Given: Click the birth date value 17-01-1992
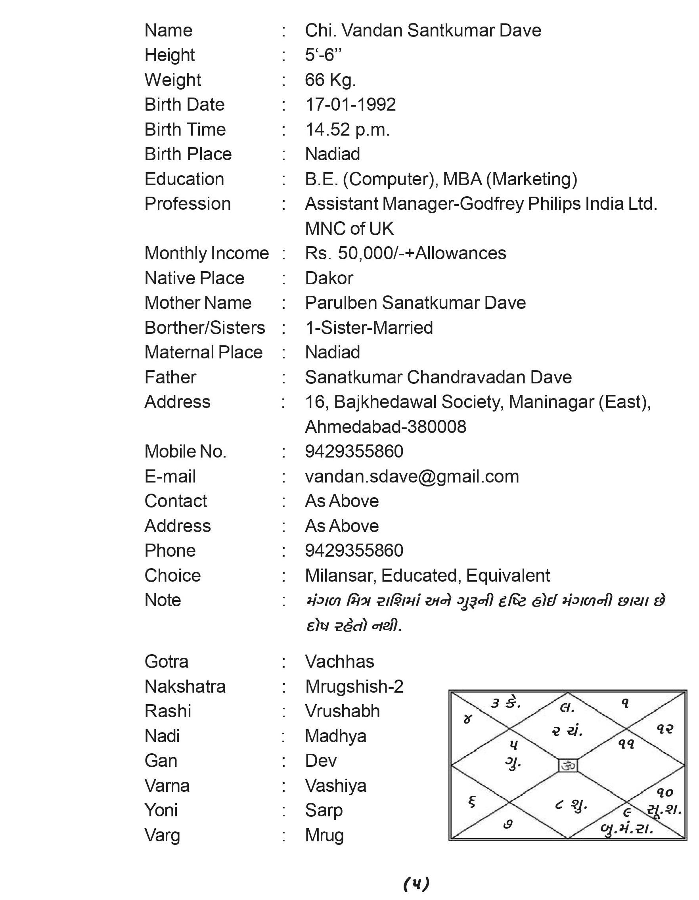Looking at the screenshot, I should pyautogui.click(x=350, y=105).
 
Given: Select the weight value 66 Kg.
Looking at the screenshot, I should pyautogui.click(x=330, y=80).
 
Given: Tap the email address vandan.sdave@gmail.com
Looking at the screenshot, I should pyautogui.click(x=412, y=477).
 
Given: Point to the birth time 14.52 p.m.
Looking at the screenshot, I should pyautogui.click(x=347, y=130).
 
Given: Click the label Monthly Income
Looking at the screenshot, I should pyautogui.click(x=207, y=253).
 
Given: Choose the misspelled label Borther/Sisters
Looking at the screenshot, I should pyautogui.click(x=205, y=328).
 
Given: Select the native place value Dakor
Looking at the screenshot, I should pyautogui.click(x=329, y=279).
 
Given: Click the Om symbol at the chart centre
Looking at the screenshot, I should pyautogui.click(x=567, y=766).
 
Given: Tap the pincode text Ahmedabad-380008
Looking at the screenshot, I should pyautogui.click(x=385, y=427).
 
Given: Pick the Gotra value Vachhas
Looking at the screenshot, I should pyautogui.click(x=340, y=662).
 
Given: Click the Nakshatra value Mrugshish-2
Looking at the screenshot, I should pyautogui.click(x=354, y=687).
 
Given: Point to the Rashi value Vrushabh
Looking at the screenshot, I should pyautogui.click(x=342, y=712).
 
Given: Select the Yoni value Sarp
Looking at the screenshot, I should pyautogui.click(x=324, y=810).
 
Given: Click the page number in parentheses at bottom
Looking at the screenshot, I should pyautogui.click(x=416, y=883).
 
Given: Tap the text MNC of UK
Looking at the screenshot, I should pyautogui.click(x=349, y=229).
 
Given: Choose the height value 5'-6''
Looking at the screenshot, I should pyautogui.click(x=323, y=55).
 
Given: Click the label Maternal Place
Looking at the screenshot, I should pyautogui.click(x=203, y=353).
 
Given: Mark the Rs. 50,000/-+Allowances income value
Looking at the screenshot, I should pyautogui.click(x=405, y=253).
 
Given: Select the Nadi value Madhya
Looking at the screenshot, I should pyautogui.click(x=335, y=736).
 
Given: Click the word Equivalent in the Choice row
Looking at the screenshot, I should pyautogui.click(x=508, y=576).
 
